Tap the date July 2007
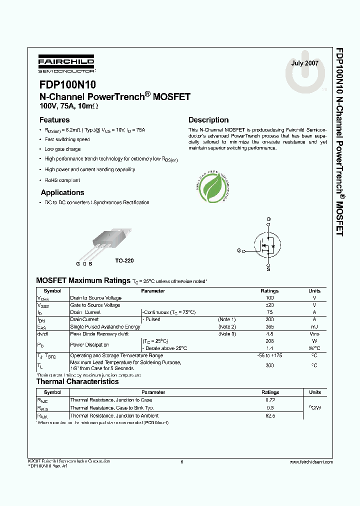pos(304,63)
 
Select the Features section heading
pos(54,120)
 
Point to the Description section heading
pos(208,120)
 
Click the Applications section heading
pos(62,192)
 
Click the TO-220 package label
pos(124,261)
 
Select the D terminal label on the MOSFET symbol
pos(268,219)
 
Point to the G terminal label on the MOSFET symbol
pos(239,250)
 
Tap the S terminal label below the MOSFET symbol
pos(268,269)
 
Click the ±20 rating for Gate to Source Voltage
pos(270,305)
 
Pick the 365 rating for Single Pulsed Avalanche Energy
pos(270,326)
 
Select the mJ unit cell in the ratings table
pos(314,326)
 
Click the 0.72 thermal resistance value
pos(270,400)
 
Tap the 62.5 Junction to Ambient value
pos(270,415)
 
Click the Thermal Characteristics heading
pos(77,381)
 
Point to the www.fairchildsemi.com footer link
pos(310,462)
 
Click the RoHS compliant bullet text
pos(62,180)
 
